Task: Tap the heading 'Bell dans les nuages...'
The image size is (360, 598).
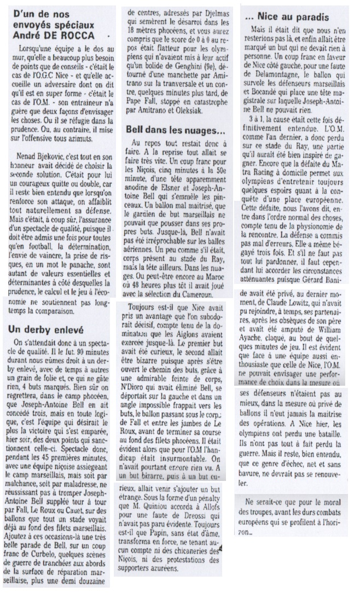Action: pos(168,131)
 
